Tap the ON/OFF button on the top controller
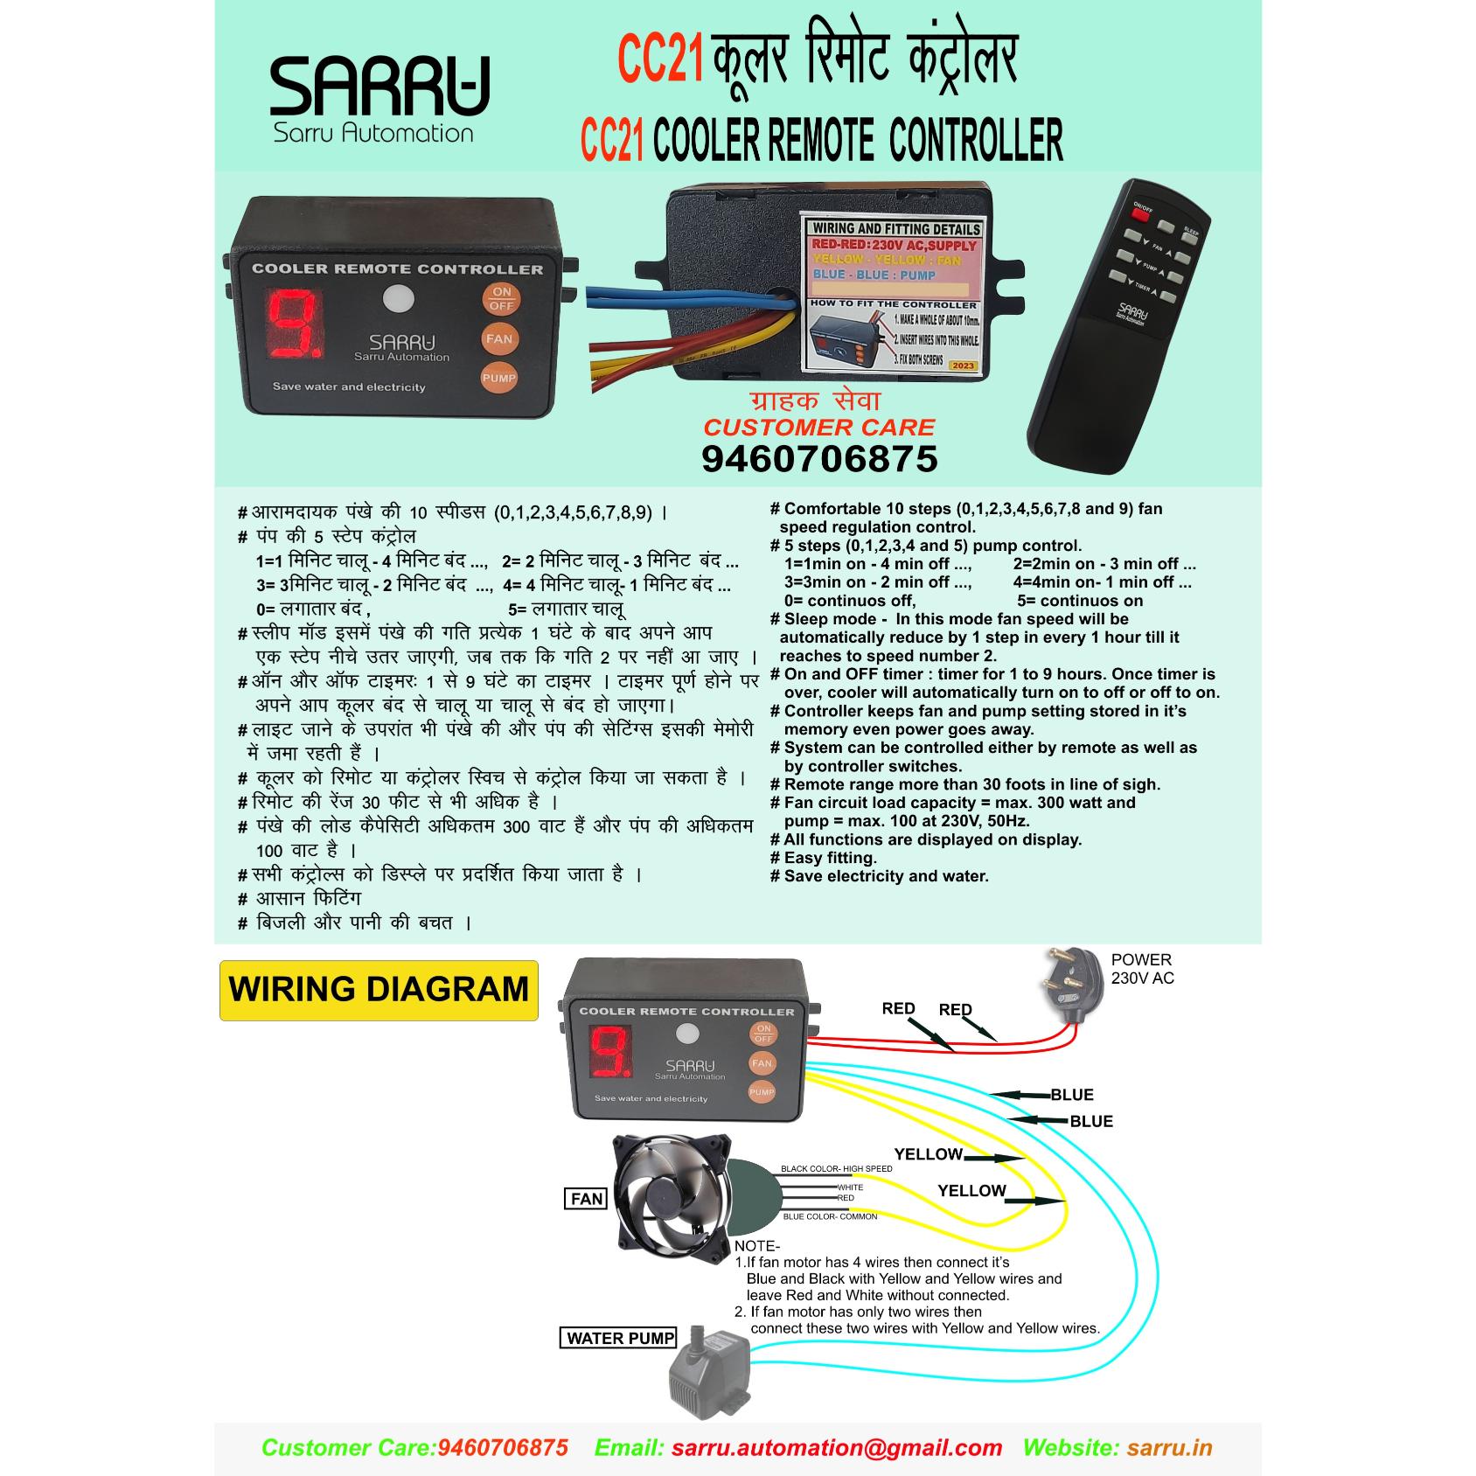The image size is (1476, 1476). tap(501, 299)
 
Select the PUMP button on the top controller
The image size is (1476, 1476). tap(499, 378)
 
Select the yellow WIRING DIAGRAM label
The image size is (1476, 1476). tap(379, 990)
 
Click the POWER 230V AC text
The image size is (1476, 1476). tap(1142, 969)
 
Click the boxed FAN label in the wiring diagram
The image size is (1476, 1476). tap(586, 1199)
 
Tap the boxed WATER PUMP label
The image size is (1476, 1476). tap(620, 1338)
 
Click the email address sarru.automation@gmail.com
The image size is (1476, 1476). tap(836, 1447)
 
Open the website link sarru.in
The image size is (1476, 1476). tap(1169, 1447)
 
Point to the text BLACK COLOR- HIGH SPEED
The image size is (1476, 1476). tap(836, 1169)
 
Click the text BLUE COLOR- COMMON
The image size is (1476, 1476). tap(830, 1216)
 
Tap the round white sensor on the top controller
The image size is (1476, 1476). tap(399, 299)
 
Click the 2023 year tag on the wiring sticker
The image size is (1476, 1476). tap(963, 366)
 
